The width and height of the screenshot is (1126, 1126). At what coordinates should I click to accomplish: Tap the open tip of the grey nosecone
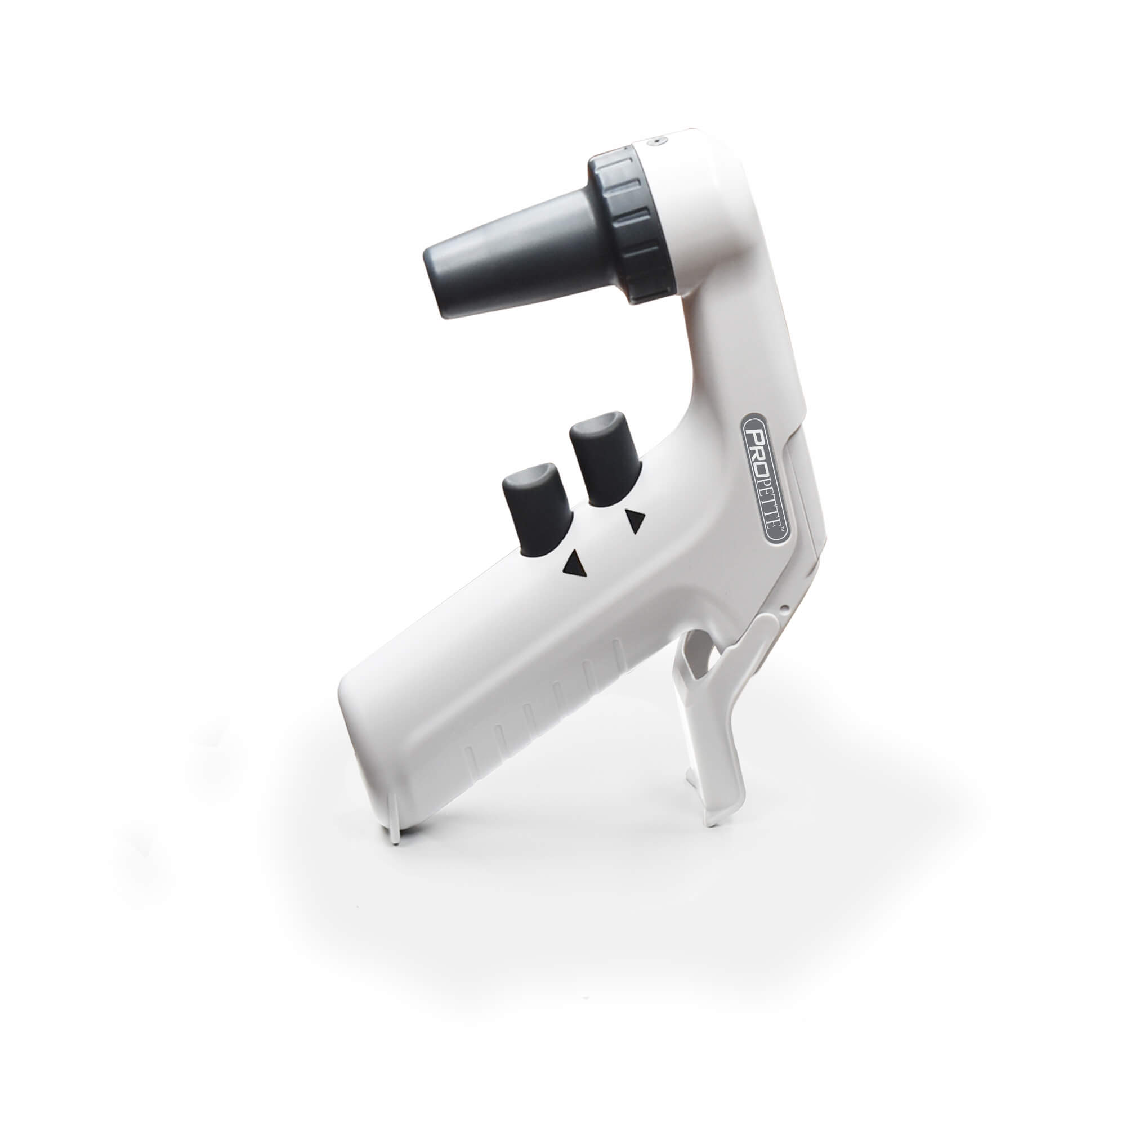click(441, 280)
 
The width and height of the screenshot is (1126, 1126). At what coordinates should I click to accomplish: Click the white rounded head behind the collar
click(699, 193)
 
